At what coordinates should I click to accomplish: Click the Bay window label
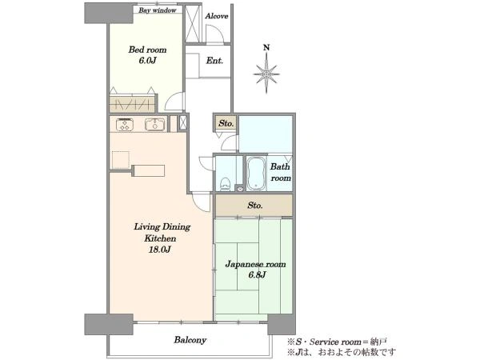click(158, 10)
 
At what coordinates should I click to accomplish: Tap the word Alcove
click(217, 16)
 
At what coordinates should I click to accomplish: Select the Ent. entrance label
click(214, 61)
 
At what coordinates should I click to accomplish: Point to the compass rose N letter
click(266, 47)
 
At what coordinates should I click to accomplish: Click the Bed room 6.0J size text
click(147, 60)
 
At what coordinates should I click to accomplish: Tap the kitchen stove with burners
click(125, 125)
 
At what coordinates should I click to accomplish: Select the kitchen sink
click(155, 124)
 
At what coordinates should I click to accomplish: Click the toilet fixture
click(226, 184)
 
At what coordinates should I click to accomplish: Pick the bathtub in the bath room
click(256, 174)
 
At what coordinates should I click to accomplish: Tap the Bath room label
click(281, 172)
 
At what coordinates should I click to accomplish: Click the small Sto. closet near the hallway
click(226, 124)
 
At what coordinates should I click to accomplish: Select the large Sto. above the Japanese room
click(254, 206)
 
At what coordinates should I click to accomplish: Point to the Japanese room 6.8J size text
click(257, 275)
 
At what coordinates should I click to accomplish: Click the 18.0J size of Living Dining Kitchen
click(159, 250)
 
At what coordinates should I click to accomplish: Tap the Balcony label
click(190, 340)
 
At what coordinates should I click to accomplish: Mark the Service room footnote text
click(337, 342)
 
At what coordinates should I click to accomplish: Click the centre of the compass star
click(266, 74)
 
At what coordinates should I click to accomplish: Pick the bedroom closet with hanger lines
click(132, 104)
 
